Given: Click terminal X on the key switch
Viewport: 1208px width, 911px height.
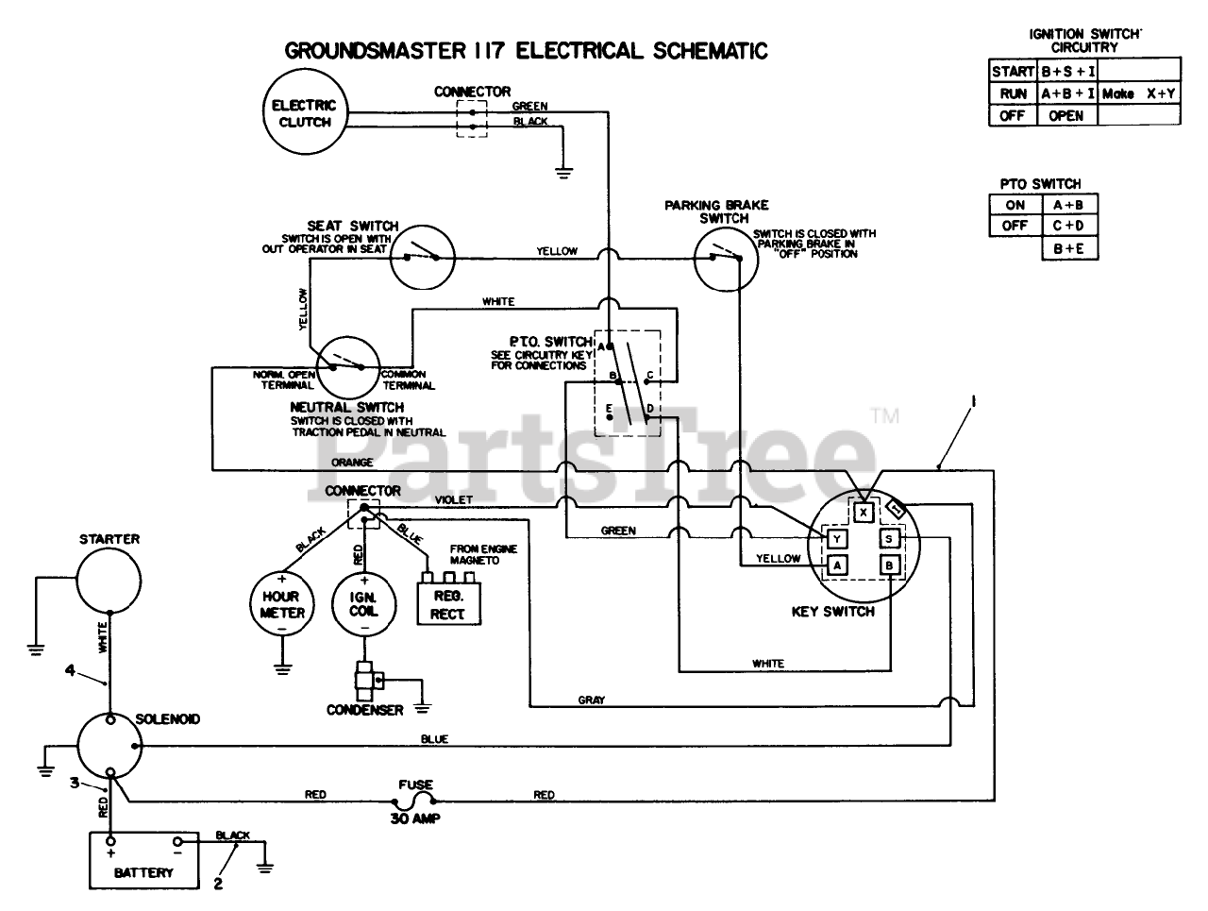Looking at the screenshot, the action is [864, 513].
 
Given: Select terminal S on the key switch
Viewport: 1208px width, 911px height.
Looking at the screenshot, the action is [889, 539].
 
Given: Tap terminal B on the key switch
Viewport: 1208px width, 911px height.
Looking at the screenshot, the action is [889, 565].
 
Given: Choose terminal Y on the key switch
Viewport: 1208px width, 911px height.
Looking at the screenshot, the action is [837, 539].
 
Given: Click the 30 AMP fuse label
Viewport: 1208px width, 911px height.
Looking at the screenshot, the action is [415, 819].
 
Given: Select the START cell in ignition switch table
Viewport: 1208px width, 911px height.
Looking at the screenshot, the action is [1013, 71].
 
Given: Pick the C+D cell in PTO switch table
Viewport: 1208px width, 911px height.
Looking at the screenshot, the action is [1069, 226].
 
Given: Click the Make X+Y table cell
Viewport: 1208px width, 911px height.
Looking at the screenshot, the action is [1138, 93].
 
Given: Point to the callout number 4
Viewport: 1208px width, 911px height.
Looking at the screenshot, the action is [70, 670].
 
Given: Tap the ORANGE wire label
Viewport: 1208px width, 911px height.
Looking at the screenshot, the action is [352, 462].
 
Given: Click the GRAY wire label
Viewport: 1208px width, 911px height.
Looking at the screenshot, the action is [592, 700].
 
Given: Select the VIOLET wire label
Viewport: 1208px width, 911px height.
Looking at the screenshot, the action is [454, 499].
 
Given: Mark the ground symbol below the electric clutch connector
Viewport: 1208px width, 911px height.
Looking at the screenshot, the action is [563, 174].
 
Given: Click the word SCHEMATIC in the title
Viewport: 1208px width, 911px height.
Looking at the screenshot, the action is [710, 51].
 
